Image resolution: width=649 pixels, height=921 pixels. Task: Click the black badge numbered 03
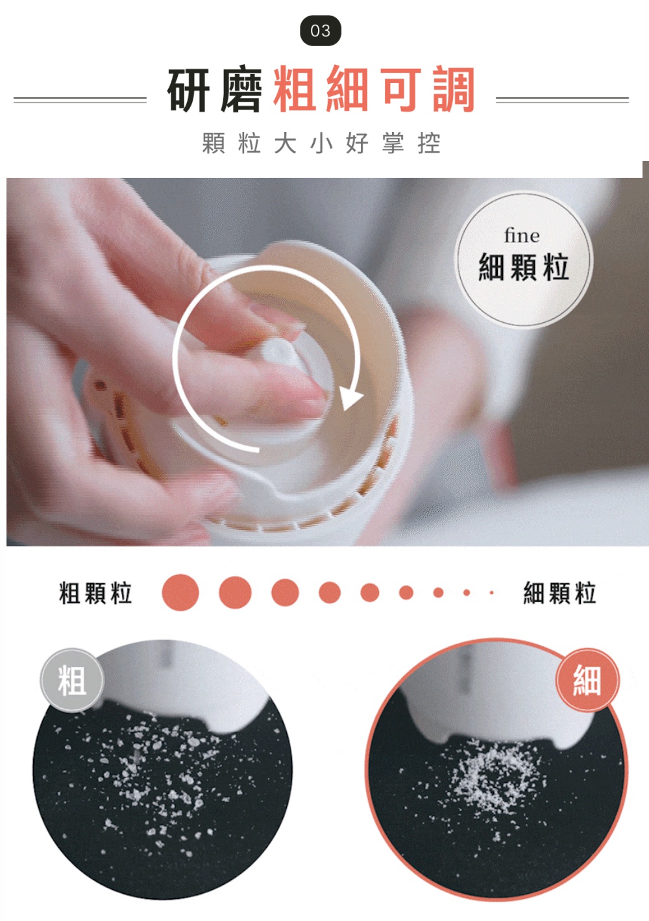pyautogui.click(x=321, y=31)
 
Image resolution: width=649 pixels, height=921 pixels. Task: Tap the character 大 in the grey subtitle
pyautogui.click(x=285, y=143)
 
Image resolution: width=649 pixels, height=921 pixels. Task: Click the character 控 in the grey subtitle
pyautogui.click(x=428, y=143)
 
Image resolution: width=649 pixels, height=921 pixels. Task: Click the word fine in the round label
pyautogui.click(x=522, y=236)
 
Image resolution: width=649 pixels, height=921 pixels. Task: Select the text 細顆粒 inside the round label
pyautogui.click(x=524, y=267)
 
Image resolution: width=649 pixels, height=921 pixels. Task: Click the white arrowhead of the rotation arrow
pyautogui.click(x=350, y=397)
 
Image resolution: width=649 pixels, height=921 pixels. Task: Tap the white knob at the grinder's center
pyautogui.click(x=278, y=353)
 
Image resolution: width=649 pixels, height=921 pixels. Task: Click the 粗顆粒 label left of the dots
pyautogui.click(x=95, y=593)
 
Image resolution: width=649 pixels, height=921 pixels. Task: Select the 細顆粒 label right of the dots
pyautogui.click(x=559, y=593)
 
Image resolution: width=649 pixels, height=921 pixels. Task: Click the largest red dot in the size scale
pyautogui.click(x=180, y=592)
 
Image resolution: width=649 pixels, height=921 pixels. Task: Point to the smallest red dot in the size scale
pyautogui.click(x=491, y=593)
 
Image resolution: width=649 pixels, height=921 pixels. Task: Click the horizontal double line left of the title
pyautogui.click(x=80, y=100)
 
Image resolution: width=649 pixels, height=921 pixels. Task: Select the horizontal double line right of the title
pyautogui.click(x=562, y=100)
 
